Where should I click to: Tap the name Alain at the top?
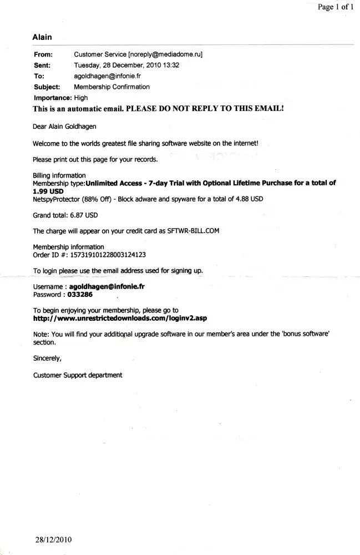[42, 37]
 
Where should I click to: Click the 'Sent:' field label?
[43, 65]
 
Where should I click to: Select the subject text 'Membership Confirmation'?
[111, 87]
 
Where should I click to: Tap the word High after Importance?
[81, 98]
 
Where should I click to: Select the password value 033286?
[80, 295]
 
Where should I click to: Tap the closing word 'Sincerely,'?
[48, 359]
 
